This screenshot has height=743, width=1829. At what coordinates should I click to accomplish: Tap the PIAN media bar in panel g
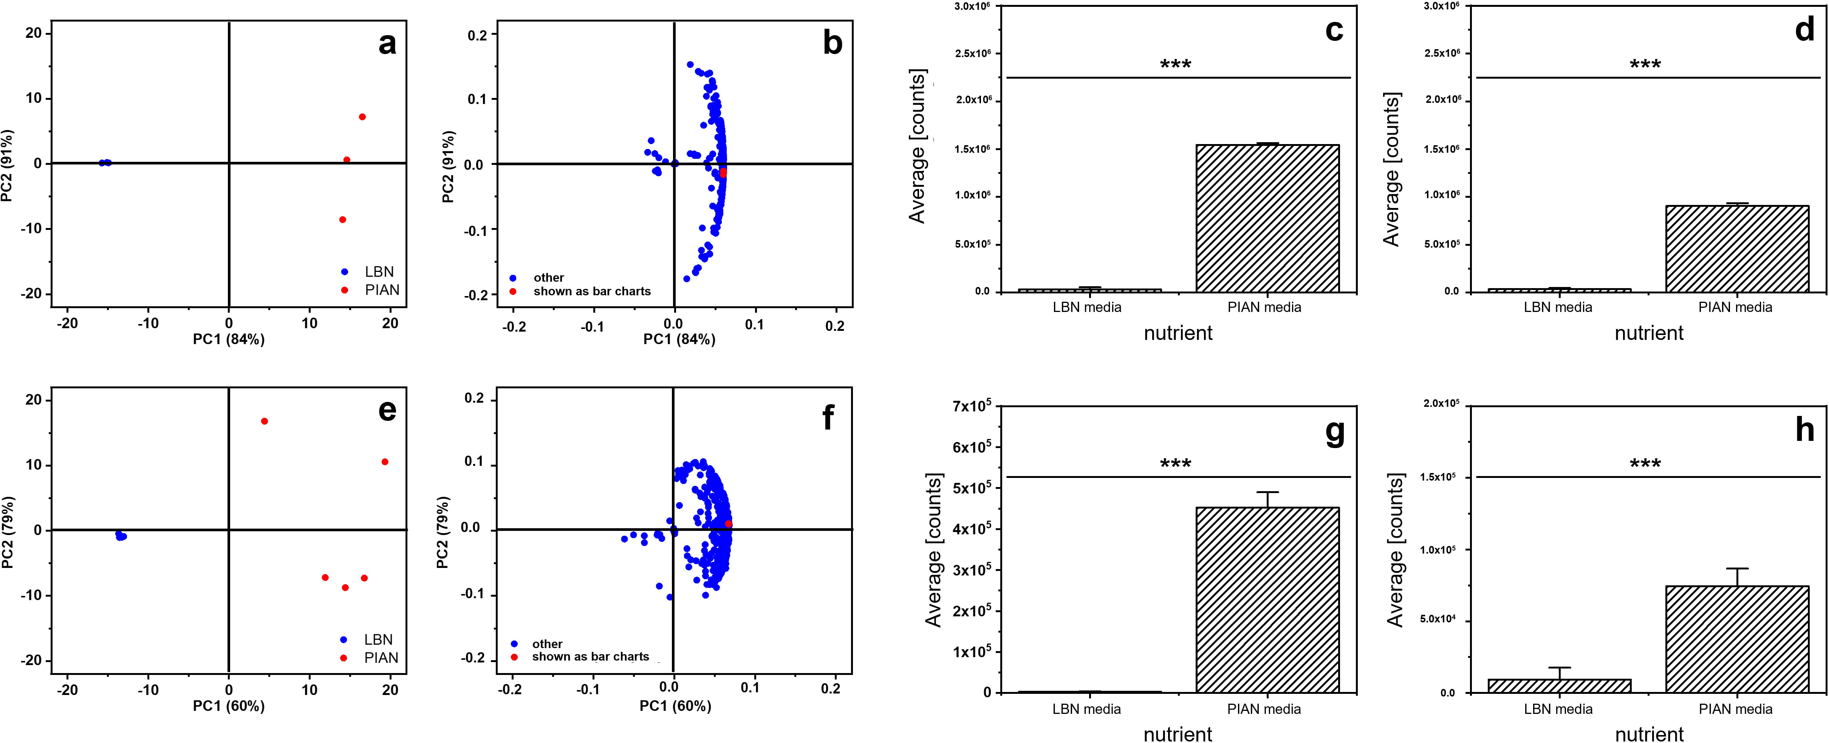(x=1267, y=600)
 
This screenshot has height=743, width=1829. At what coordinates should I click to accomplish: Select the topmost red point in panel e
(x=264, y=421)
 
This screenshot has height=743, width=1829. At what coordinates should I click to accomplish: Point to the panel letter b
(x=832, y=43)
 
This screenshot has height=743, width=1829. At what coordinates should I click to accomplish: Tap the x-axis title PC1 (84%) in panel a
(x=229, y=340)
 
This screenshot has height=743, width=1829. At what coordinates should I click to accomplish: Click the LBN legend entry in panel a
(x=378, y=271)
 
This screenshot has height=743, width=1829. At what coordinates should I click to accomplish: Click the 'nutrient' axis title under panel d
(x=1649, y=333)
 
